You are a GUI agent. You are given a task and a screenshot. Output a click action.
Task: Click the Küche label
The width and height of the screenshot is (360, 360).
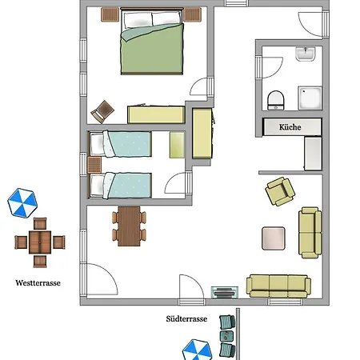(290, 127)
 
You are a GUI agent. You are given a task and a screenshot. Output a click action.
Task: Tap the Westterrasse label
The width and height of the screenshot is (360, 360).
(38, 283)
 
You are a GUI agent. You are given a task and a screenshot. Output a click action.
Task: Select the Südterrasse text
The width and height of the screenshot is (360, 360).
(186, 318)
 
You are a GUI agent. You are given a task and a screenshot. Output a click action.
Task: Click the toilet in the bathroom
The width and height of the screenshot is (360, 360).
(276, 100)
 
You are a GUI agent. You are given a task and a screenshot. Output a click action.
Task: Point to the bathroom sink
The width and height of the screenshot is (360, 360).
(306, 54)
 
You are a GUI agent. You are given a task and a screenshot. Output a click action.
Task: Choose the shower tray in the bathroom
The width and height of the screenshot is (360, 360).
(310, 98)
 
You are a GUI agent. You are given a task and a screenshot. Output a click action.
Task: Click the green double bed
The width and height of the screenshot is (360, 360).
(152, 41)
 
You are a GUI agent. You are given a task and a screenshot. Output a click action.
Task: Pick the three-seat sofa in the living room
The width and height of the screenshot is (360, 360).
(278, 286)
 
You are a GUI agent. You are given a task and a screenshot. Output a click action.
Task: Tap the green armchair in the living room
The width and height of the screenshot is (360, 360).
(280, 191)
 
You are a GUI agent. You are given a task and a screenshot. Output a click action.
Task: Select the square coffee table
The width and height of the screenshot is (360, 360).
(274, 238)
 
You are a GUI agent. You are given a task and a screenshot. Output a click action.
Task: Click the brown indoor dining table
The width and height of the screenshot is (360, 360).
(129, 226)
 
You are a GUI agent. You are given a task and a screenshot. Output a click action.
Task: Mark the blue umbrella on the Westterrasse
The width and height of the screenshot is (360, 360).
(22, 203)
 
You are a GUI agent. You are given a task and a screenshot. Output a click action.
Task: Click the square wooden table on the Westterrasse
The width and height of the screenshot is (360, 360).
(40, 242)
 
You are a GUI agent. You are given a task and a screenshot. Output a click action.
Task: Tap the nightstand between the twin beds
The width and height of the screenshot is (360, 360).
(94, 165)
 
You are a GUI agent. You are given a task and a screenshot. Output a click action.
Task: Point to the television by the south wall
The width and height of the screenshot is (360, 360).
(225, 292)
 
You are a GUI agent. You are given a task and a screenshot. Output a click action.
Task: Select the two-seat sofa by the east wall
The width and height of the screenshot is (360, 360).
(310, 233)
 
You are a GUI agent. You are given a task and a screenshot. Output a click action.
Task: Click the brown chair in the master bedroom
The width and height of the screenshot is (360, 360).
(102, 112)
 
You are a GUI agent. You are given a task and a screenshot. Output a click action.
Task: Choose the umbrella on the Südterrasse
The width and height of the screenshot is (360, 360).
(197, 350)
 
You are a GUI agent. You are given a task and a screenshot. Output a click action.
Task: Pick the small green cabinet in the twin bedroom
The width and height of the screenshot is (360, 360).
(177, 145)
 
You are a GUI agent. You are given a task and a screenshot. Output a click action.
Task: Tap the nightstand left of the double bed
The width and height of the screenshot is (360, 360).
(110, 14)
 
